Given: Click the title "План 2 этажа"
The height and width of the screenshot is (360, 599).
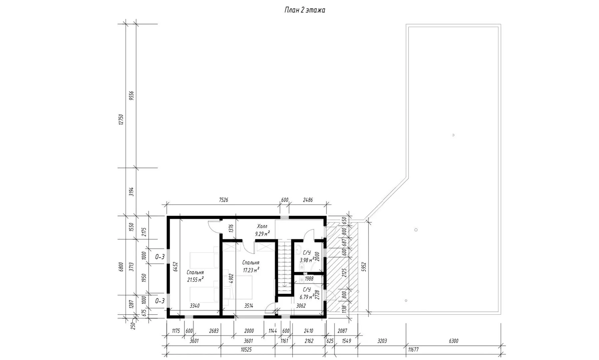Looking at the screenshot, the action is click(x=304, y=10).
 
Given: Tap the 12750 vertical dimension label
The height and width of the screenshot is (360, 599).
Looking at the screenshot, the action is click(x=121, y=119).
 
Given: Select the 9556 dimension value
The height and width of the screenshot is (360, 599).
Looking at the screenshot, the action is click(x=131, y=96).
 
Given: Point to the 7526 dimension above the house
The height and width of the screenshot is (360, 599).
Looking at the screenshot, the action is click(x=223, y=200).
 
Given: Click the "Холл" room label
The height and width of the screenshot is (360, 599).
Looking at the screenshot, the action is click(x=262, y=227).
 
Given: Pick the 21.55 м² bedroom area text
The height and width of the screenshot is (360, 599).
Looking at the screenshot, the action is click(x=195, y=280).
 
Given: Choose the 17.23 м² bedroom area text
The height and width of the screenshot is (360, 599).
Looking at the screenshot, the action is click(x=251, y=270).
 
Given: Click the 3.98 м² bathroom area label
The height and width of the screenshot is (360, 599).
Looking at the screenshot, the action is click(x=307, y=260).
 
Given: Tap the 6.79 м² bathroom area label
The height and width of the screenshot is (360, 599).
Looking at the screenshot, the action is click(x=307, y=297).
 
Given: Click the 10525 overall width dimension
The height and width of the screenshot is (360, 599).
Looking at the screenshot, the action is click(x=246, y=350).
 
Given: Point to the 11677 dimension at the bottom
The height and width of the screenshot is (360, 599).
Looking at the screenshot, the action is click(x=413, y=350).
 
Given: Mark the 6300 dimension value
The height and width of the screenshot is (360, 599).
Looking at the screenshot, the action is click(x=453, y=341).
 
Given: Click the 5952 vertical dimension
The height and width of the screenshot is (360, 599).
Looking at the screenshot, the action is click(x=364, y=267).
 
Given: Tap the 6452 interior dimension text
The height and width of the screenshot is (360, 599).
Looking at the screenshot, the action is click(x=176, y=267).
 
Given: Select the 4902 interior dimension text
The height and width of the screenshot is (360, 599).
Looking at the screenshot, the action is click(x=231, y=279).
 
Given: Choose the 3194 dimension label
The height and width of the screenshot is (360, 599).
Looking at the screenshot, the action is click(x=131, y=191).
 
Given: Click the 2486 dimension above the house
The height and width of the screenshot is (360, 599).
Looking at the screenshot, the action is click(x=307, y=200).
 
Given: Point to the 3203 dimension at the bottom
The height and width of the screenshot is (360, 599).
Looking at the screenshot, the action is click(x=382, y=341).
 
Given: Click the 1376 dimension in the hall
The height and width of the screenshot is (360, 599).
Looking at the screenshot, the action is click(x=231, y=228).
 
